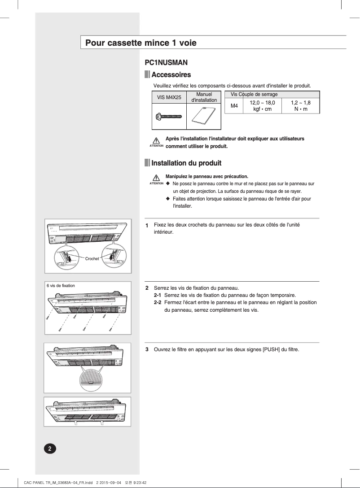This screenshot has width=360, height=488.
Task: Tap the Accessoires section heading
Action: click(x=171, y=74)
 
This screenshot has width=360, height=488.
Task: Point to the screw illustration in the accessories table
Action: click(x=168, y=116)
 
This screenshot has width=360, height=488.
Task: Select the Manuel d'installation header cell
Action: click(x=204, y=97)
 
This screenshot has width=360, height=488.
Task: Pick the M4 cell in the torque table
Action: click(x=234, y=106)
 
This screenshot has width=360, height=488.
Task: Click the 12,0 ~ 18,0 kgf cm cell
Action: click(x=262, y=106)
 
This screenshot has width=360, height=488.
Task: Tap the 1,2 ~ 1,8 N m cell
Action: click(x=300, y=106)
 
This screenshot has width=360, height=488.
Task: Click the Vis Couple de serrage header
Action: click(x=254, y=94)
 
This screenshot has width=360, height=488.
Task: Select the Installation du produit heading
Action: click(x=186, y=163)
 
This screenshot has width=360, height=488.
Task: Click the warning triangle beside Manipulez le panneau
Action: click(x=156, y=178)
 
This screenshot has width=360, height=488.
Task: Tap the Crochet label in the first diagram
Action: click(x=92, y=259)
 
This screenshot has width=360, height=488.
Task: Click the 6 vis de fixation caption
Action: click(x=61, y=285)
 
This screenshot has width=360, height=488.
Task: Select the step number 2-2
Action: click(x=157, y=302)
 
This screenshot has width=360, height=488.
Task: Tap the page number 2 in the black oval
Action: click(x=50, y=449)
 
